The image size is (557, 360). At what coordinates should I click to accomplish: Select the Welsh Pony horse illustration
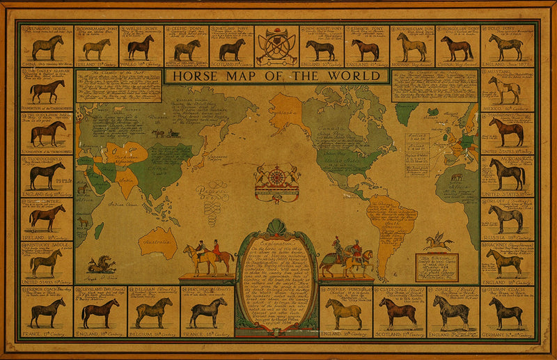141,47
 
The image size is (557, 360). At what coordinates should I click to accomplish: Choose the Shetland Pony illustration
232,49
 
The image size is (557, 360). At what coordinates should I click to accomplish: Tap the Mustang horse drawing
505,90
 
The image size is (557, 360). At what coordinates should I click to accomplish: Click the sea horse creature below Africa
101,263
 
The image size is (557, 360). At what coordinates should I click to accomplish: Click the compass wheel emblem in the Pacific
277,177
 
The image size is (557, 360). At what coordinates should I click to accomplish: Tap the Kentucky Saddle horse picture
46,262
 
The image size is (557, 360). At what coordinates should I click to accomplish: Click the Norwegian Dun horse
412,47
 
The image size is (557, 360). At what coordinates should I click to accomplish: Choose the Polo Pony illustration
505,47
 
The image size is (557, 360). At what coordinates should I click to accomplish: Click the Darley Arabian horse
47,91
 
